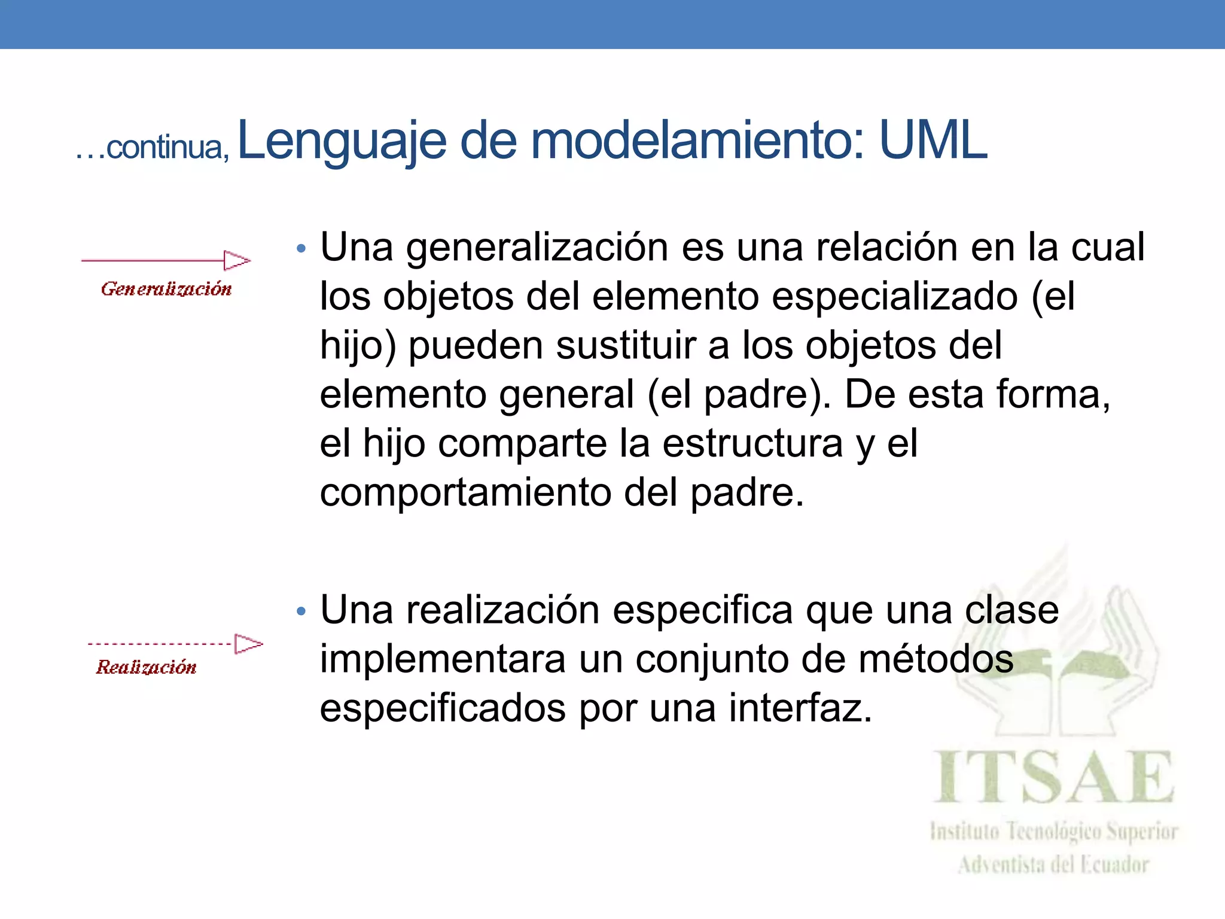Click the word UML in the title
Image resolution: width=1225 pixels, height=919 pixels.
(933, 141)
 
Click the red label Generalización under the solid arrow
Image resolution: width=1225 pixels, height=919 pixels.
(166, 289)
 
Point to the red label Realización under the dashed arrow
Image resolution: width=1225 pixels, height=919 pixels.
(146, 667)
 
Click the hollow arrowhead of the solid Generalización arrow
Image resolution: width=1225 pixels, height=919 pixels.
(237, 260)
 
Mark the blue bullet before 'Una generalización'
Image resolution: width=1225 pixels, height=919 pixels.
(301, 248)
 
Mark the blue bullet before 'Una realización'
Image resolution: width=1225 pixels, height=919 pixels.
(301, 611)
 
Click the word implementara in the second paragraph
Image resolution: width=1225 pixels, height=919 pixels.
(443, 659)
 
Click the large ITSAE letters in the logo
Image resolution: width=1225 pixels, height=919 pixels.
(1054, 777)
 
